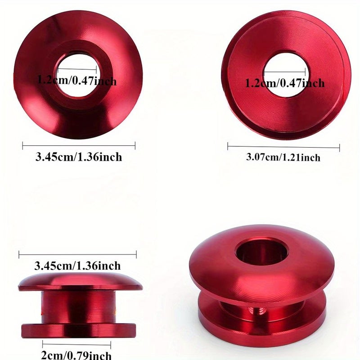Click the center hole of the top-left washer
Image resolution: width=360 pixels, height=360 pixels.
pyautogui.click(x=77, y=74)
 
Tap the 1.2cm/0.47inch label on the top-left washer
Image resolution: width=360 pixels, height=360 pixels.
pyautogui.click(x=77, y=81)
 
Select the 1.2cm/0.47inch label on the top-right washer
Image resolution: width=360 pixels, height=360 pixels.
pyautogui.click(x=285, y=83)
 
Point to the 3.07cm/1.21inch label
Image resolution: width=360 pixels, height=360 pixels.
pyautogui.click(x=283, y=157)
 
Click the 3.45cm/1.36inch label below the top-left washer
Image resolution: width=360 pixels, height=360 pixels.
pyautogui.click(x=79, y=157)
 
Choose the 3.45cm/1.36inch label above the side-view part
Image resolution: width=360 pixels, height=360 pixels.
pyautogui.click(x=77, y=265)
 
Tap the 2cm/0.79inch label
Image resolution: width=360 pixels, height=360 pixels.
pyautogui.click(x=76, y=355)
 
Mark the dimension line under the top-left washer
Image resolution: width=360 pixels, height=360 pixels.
pyautogui.click(x=79, y=145)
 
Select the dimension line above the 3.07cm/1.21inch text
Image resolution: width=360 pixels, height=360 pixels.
pyautogui.click(x=283, y=147)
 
